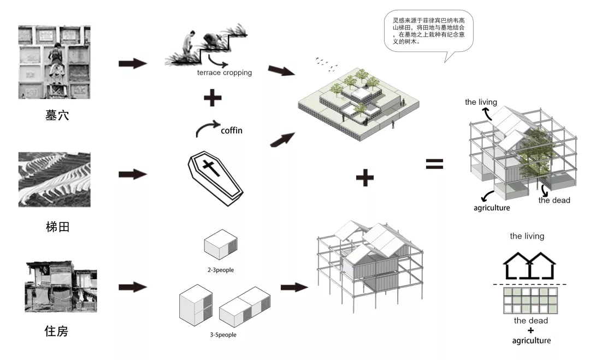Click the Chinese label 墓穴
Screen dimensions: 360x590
(57, 115)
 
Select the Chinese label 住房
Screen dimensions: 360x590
(57, 331)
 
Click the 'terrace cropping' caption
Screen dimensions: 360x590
(225, 72)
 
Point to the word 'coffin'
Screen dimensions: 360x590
(232, 131)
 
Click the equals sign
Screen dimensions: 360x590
(434, 164)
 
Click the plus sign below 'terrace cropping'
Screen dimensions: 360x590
(213, 99)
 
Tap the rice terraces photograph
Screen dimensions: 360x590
(54, 179)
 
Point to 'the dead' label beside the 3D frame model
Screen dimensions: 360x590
(554, 200)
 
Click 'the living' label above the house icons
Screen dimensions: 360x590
(527, 237)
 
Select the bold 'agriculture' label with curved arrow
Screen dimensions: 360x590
(491, 208)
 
